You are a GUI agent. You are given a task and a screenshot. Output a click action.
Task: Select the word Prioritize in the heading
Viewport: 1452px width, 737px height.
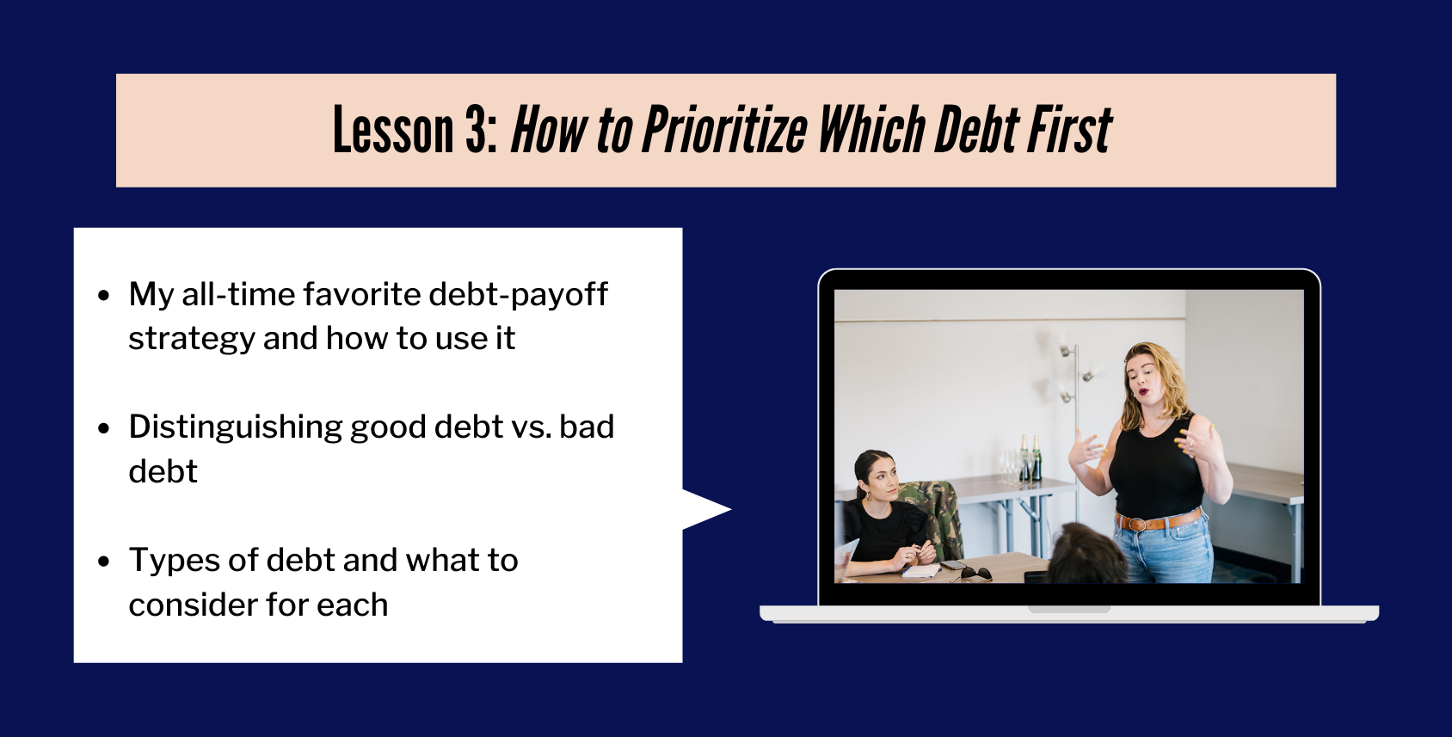click(724, 130)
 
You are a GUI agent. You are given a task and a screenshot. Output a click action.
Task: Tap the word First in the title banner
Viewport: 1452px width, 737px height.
click(1070, 130)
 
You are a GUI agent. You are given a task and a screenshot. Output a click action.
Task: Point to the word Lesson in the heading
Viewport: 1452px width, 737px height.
click(393, 130)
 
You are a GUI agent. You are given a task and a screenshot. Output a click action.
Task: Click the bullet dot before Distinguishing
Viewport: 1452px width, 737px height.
click(104, 428)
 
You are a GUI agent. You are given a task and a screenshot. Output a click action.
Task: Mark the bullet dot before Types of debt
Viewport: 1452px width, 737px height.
click(104, 562)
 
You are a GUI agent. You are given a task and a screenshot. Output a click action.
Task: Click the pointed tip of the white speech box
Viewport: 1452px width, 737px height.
click(730, 509)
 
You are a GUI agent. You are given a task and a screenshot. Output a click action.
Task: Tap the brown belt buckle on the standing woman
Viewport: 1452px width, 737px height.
click(1137, 524)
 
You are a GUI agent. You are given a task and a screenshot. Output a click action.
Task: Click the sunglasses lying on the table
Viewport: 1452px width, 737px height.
click(976, 573)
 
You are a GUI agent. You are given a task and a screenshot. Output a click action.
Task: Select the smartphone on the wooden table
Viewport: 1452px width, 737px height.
click(954, 565)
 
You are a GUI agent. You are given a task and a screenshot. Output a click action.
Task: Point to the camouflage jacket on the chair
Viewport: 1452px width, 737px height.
click(932, 519)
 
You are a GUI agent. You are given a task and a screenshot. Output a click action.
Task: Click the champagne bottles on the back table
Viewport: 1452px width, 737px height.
click(1030, 458)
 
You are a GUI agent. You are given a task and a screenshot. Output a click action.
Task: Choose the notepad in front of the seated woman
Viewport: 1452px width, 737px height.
click(920, 571)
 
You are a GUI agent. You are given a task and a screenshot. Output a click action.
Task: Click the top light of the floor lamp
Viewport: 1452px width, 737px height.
click(1065, 351)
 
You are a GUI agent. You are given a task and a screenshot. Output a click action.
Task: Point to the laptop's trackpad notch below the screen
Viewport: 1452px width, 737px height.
click(1069, 610)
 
